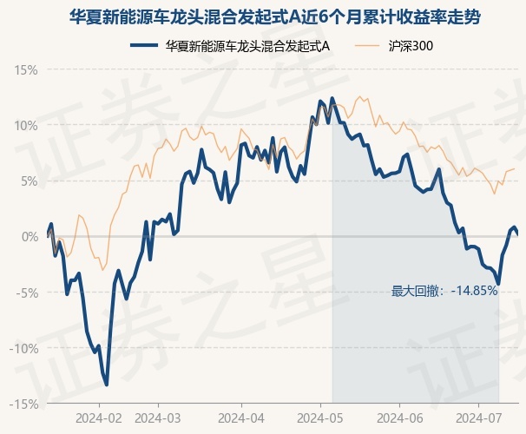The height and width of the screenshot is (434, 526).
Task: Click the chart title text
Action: click(275, 16)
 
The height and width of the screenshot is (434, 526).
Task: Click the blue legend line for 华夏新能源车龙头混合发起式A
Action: click(144, 46)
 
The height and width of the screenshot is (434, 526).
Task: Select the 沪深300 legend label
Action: click(411, 46)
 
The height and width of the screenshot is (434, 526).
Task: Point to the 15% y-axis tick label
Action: click(26, 70)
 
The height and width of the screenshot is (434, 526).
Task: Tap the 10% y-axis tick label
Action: click(26, 126)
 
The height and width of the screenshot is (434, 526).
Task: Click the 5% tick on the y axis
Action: click(30, 181)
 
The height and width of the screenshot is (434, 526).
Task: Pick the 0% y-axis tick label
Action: click(30, 237)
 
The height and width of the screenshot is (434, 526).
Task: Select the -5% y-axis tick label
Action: click(27, 293)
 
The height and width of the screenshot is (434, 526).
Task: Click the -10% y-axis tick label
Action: click(24, 348)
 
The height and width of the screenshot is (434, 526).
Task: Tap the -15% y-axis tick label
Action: click(24, 404)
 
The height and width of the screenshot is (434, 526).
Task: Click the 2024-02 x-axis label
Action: click(99, 418)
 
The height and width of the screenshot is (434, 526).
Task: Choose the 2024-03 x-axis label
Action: click(158, 418)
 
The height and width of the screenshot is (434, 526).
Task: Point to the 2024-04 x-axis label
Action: click(241, 418)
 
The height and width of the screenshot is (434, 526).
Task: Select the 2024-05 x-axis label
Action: click(320, 418)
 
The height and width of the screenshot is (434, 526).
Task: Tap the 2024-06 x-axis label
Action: click(400, 418)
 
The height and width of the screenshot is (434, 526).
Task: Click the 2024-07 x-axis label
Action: click(479, 418)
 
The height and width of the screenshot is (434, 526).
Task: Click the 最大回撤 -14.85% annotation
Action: click(444, 291)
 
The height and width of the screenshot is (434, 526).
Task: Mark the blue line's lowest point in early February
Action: click(107, 385)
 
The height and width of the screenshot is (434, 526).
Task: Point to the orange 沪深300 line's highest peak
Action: click(360, 96)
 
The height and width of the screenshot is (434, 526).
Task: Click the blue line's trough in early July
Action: click(498, 284)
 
